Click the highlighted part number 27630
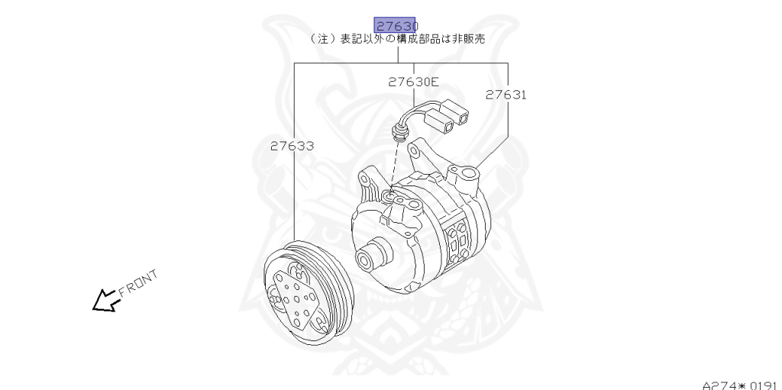(x=396, y=25)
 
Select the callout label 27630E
(x=413, y=82)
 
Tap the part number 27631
(x=506, y=95)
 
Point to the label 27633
(x=292, y=146)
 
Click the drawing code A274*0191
(x=741, y=385)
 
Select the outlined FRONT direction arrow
(x=105, y=301)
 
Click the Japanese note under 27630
(x=397, y=40)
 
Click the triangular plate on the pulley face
(x=294, y=298)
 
